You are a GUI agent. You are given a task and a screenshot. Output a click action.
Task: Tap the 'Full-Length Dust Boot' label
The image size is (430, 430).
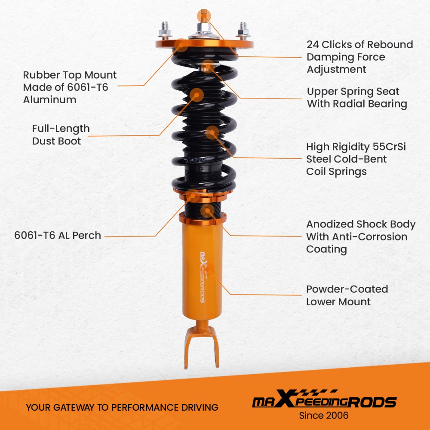point(61,135)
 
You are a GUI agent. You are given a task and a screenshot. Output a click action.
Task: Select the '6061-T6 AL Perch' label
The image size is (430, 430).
point(57,235)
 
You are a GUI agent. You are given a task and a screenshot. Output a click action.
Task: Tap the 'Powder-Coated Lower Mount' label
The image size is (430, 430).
point(347,295)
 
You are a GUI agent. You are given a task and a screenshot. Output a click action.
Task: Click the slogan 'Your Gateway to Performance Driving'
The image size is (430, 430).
point(122,407)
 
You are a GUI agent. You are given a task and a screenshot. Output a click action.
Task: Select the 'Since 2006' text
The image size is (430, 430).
point(324,415)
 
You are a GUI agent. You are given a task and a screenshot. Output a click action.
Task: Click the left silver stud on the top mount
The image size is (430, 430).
point(165,30)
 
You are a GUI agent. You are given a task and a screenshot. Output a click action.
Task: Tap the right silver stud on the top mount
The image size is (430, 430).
point(243,31)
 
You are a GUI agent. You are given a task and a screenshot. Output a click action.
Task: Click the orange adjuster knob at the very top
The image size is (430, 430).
point(203,15)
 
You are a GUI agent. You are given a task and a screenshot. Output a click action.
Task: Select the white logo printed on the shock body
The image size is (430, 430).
point(203,277)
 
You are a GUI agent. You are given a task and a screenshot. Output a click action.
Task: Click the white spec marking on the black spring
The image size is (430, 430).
point(197,160)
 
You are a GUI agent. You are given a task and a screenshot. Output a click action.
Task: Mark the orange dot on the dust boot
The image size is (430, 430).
point(197,95)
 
